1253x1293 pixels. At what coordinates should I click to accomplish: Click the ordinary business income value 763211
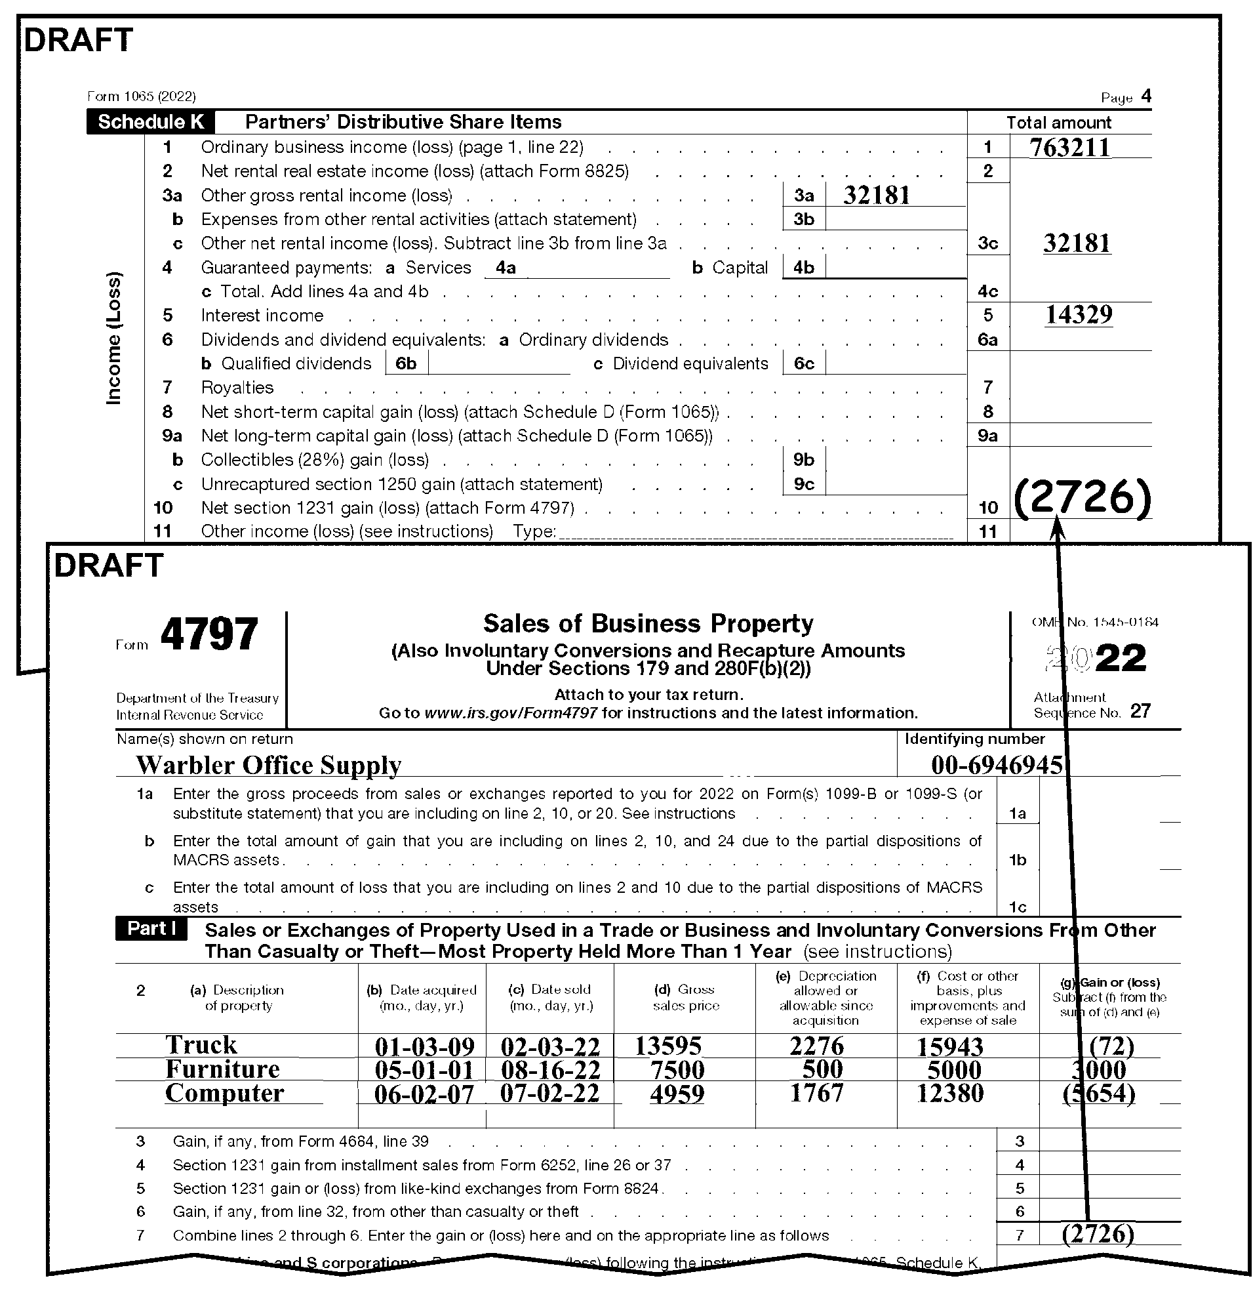point(1069,148)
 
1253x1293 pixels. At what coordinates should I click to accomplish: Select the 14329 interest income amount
point(1078,315)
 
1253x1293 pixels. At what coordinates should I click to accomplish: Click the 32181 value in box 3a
point(877,195)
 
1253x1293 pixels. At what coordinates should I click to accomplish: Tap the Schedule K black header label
point(151,122)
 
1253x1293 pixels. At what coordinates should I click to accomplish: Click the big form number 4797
point(209,634)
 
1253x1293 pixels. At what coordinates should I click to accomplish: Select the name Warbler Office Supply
point(268,766)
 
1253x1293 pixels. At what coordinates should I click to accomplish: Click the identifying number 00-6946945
point(997,766)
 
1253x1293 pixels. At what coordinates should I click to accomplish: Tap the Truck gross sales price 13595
point(668,1046)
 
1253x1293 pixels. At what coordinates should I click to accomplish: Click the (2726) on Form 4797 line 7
point(1098,1233)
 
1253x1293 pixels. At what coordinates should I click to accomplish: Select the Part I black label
point(151,929)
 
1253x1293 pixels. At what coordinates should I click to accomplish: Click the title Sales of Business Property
point(648,623)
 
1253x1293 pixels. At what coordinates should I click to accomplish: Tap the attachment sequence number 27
point(1140,711)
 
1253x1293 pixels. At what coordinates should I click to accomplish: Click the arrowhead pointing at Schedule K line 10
point(1057,525)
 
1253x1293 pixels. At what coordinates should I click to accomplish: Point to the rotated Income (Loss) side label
point(114,338)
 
